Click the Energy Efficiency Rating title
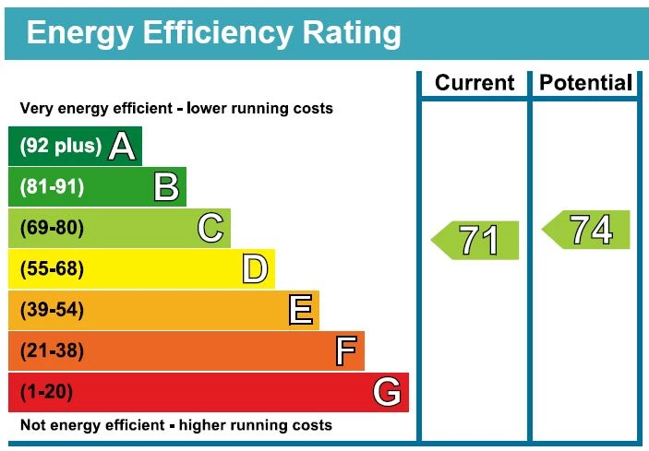click(214, 33)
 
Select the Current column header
click(475, 83)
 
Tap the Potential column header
click(586, 83)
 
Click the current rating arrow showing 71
click(475, 241)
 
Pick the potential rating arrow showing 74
click(586, 230)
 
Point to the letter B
click(166, 187)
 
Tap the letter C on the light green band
click(210, 228)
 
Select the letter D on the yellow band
click(255, 269)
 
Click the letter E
click(300, 310)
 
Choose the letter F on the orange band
click(345, 351)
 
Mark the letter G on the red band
click(388, 393)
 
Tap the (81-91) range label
click(52, 187)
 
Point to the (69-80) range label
click(52, 229)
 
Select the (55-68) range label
click(52, 269)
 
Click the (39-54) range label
click(52, 311)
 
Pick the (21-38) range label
click(52, 351)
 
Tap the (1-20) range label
click(46, 393)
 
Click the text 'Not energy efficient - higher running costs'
click(175, 425)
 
